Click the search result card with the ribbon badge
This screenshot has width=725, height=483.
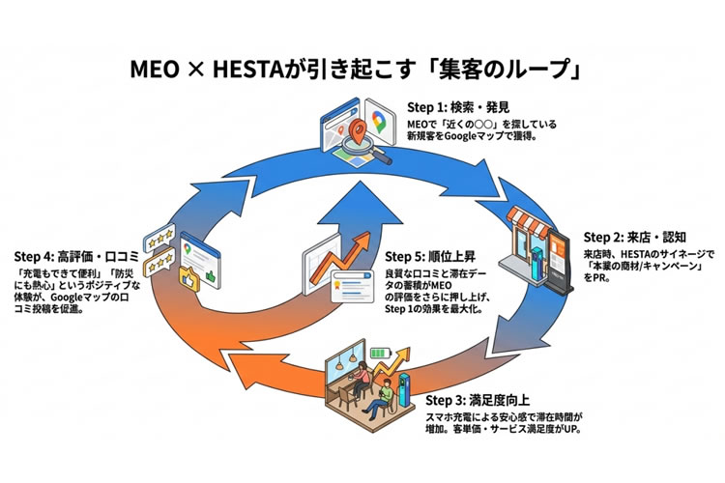pos(345,283)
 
